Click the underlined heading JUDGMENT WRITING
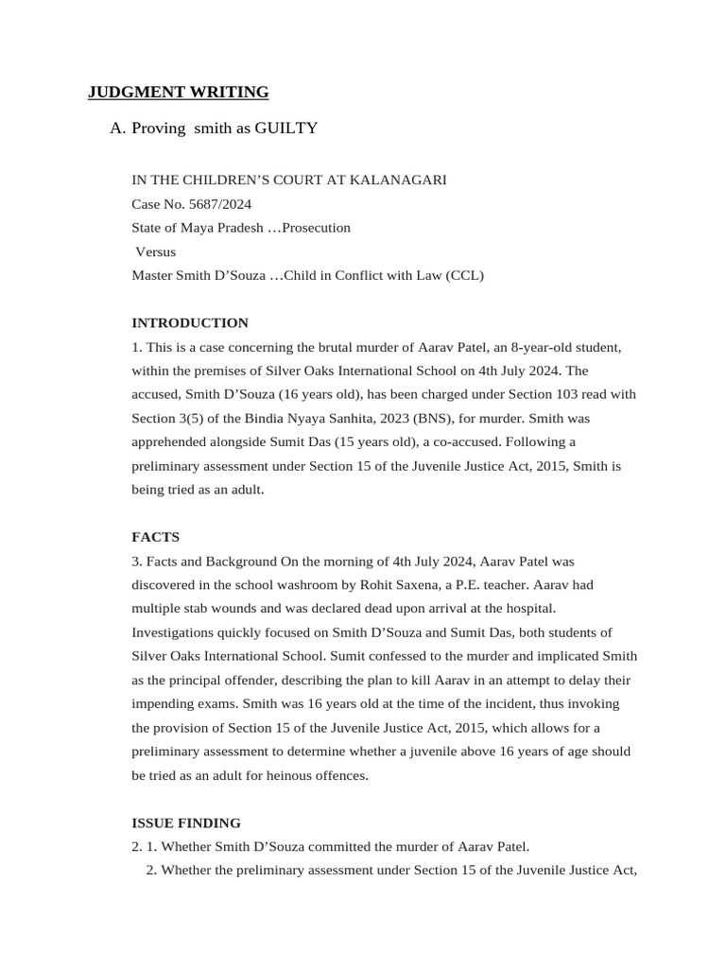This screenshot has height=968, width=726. pyautogui.click(x=178, y=92)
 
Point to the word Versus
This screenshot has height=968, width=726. pyautogui.click(x=155, y=251)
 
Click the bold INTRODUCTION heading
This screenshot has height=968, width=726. pyautogui.click(x=189, y=322)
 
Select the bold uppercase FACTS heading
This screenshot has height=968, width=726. pyautogui.click(x=155, y=537)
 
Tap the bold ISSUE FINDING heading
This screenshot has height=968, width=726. pyautogui.click(x=186, y=822)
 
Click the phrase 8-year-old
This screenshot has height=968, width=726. pyautogui.click(x=518, y=347)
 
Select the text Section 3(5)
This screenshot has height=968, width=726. pyautogui.click(x=168, y=418)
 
